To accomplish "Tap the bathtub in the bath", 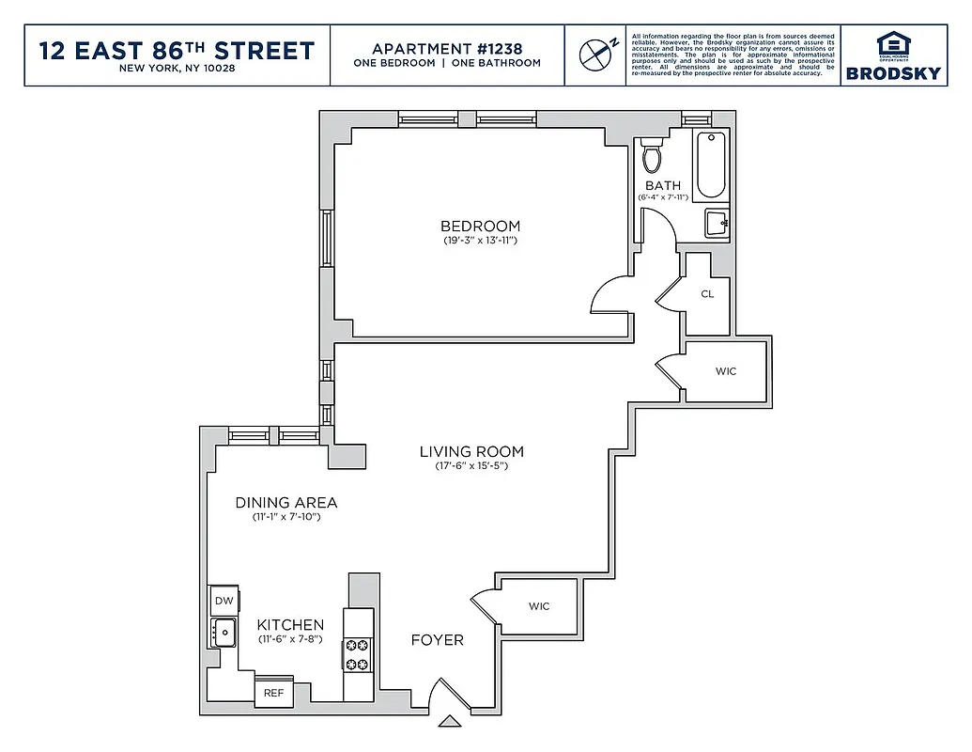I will (711, 165).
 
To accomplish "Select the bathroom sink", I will (717, 224).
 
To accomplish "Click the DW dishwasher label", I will (224, 601).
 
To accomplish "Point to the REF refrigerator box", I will (273, 693).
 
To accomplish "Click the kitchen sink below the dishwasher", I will (224, 632).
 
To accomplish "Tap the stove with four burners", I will (358, 654).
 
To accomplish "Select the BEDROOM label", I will (480, 226).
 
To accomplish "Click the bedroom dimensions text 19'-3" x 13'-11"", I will (481, 241).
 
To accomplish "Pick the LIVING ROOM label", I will (471, 451).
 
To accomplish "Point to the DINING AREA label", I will (286, 503).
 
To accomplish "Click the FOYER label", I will (438, 640).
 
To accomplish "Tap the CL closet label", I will (707, 293).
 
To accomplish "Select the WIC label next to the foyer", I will (538, 606).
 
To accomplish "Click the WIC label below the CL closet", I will (726, 371).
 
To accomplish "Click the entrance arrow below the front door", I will (450, 722).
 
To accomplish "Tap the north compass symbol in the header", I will (594, 53).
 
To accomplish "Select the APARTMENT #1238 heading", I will (447, 48).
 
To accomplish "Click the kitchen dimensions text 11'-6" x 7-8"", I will (291, 639).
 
